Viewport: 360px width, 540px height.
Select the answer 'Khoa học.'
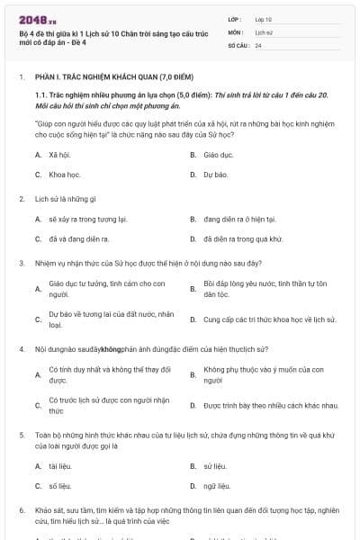click(x=64, y=174)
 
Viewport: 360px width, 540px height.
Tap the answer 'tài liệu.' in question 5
click(x=60, y=466)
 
